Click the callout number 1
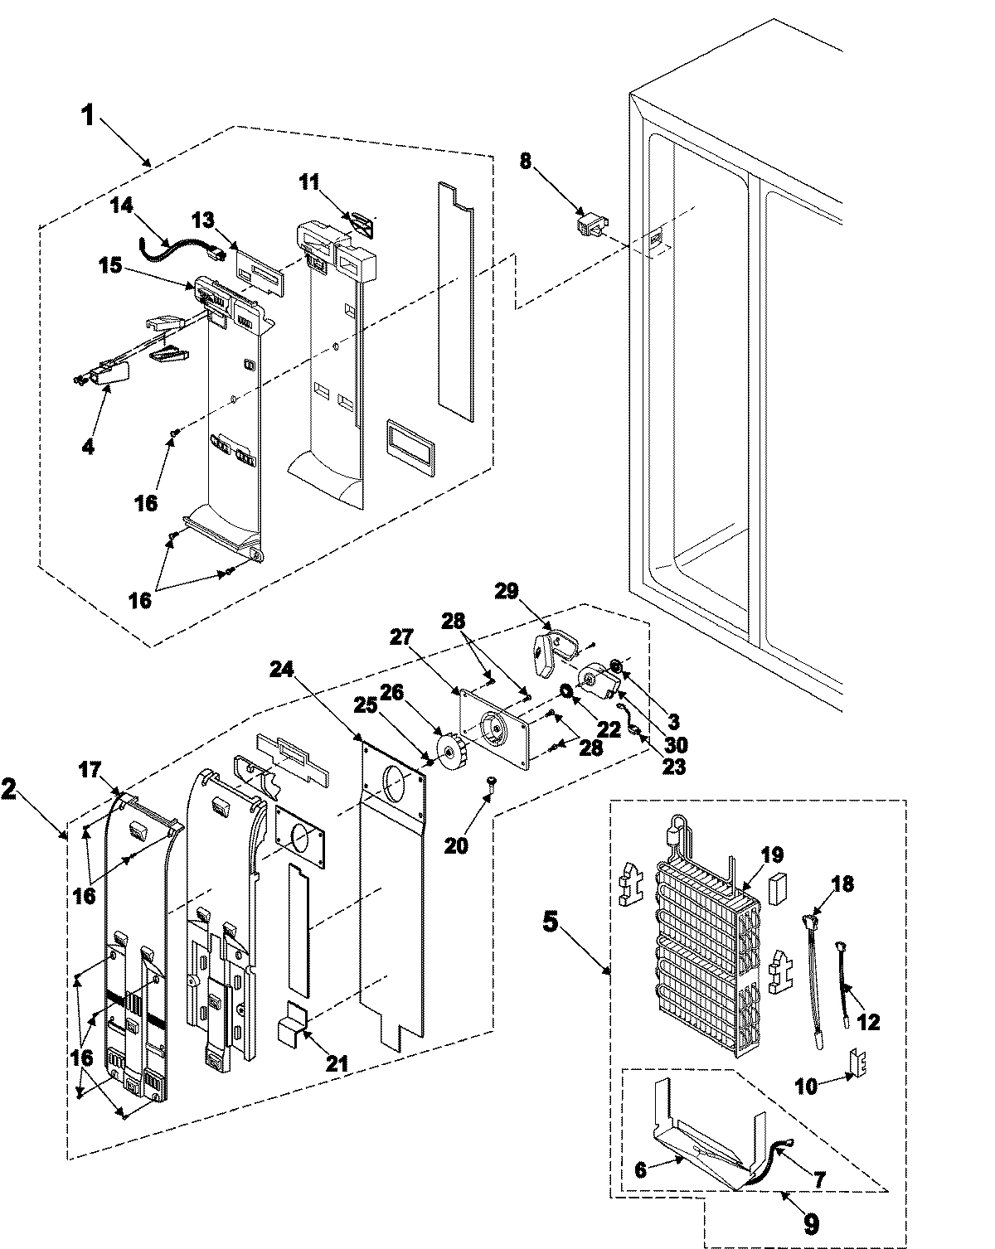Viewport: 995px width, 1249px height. (x=86, y=115)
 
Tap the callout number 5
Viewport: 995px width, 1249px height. (x=550, y=922)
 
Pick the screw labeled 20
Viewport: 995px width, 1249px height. (x=492, y=781)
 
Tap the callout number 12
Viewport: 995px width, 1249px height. (x=868, y=1023)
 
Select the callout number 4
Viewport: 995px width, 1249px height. (x=88, y=447)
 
